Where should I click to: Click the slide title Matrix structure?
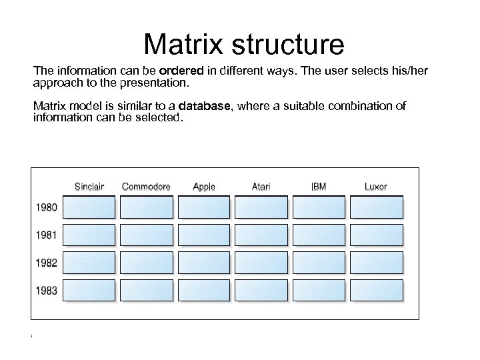click(x=244, y=45)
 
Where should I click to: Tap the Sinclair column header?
click(x=89, y=186)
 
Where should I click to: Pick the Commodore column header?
click(x=146, y=186)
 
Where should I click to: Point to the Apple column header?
click(x=203, y=187)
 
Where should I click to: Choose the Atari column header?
click(x=261, y=186)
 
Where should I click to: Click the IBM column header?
click(x=319, y=186)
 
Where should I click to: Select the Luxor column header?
click(x=375, y=186)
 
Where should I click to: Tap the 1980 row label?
click(x=47, y=207)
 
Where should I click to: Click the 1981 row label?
click(x=47, y=235)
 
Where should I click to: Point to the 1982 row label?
click(x=47, y=263)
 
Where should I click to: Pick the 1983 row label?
click(x=47, y=290)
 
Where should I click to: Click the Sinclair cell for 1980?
click(x=89, y=207)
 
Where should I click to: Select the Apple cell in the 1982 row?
click(x=204, y=263)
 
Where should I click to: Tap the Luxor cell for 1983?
click(x=377, y=290)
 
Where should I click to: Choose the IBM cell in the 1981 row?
click(x=319, y=235)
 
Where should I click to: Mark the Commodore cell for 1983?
click(x=147, y=290)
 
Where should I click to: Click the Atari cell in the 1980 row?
click(x=262, y=207)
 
